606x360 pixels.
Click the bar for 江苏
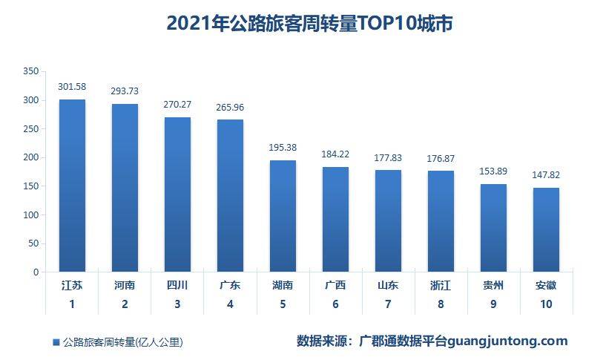(x=72, y=186)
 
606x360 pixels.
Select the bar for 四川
(x=177, y=194)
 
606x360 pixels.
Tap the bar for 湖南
(x=283, y=216)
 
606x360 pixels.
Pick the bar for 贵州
(x=493, y=228)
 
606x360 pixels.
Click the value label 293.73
(x=125, y=91)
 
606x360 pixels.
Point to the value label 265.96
(x=230, y=108)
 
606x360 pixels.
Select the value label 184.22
(x=335, y=154)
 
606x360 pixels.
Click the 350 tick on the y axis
(x=30, y=71)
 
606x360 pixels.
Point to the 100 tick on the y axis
(x=30, y=215)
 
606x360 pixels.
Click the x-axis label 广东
(x=230, y=285)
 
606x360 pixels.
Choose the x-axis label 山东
(x=388, y=285)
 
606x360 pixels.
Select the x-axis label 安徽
(x=546, y=285)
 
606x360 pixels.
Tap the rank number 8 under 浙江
(x=441, y=304)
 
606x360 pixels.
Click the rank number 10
(x=546, y=304)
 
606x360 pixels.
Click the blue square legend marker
(x=56, y=342)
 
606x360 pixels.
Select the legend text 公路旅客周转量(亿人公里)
(x=122, y=342)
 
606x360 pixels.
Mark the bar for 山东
(x=388, y=220)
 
